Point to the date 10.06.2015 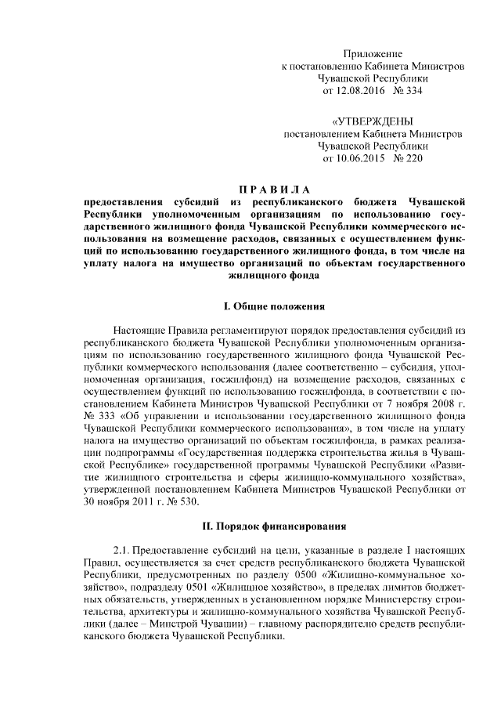(x=370, y=160)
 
